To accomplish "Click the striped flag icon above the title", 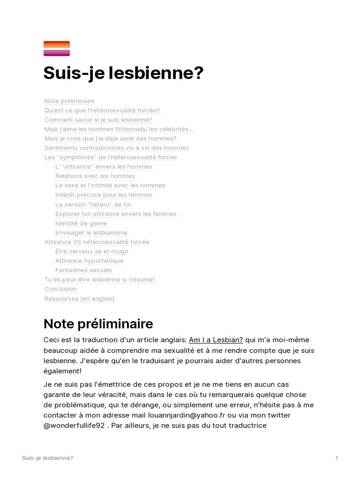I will click(x=57, y=48).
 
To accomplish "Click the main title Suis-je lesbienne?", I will click(x=123, y=73).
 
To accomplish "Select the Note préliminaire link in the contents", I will click(x=69, y=101).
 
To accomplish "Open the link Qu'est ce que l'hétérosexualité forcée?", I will click(x=102, y=110).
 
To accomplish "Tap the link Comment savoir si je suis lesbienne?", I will click(x=98, y=120).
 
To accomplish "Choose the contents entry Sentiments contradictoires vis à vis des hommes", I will click(x=116, y=148).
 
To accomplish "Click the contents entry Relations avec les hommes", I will click(x=95, y=176).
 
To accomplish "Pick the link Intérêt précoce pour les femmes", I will click(x=104, y=195).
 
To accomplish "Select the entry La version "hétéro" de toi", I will click(x=93, y=204).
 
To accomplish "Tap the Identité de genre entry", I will click(x=81, y=223).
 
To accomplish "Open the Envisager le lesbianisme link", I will click(x=91, y=232).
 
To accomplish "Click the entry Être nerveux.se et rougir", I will click(x=92, y=251).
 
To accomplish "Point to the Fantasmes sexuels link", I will click(x=83, y=270).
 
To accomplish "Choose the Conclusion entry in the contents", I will click(x=60, y=289).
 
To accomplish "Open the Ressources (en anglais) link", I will click(x=79, y=299).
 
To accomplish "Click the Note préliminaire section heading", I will click(x=98, y=324).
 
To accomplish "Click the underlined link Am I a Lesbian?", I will click(x=216, y=340).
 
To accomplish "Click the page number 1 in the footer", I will click(x=337, y=458).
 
